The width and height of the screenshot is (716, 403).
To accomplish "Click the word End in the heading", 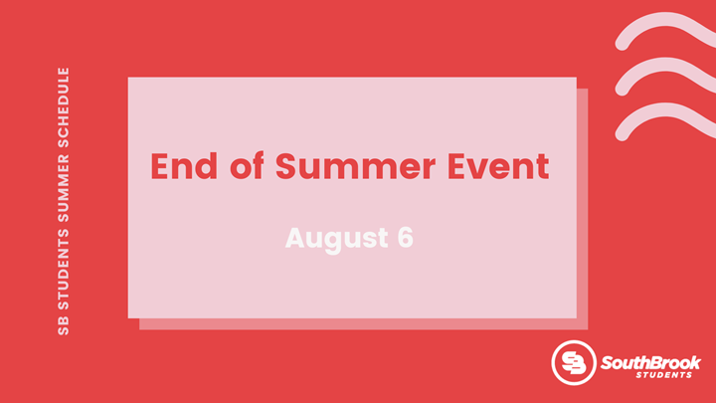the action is tap(184, 166).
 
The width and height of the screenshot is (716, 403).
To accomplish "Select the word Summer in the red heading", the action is tap(355, 166).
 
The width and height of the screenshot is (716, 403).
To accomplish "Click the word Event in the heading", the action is tap(498, 166).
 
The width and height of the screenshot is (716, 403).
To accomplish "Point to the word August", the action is tap(337, 239).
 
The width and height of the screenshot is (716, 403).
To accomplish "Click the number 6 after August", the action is tap(405, 238).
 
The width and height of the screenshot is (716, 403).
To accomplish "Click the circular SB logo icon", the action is tap(574, 362).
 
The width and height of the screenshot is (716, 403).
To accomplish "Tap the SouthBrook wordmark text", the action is tap(650, 363).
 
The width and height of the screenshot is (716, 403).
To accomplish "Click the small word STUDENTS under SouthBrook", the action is tap(664, 375).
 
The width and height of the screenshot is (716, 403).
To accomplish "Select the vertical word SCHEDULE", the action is tap(64, 107).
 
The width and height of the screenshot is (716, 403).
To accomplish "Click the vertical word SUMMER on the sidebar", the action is tap(64, 189).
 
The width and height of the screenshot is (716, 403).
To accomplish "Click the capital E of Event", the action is tap(456, 166).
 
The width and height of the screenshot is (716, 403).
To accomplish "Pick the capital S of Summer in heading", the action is tap(286, 166).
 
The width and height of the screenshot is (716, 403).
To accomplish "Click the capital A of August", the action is tap(295, 238).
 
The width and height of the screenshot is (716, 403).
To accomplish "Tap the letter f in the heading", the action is tap(258, 165).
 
